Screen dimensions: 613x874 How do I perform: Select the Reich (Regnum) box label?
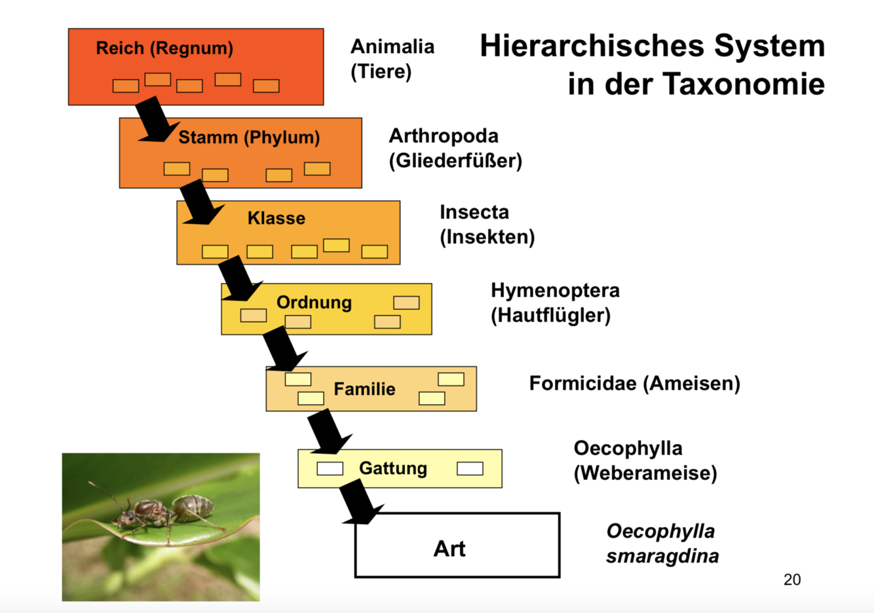pyautogui.click(x=164, y=48)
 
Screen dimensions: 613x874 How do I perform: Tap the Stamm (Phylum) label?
pyautogui.click(x=249, y=138)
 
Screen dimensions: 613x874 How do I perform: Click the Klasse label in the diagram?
pyautogui.click(x=276, y=218)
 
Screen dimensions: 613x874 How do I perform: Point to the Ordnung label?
pyautogui.click(x=314, y=303)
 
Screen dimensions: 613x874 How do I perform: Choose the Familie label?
pyautogui.click(x=364, y=389)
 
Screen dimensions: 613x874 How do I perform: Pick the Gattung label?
pyautogui.click(x=393, y=468)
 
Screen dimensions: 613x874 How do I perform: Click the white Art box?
pyautogui.click(x=457, y=546)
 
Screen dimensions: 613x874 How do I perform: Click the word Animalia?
pyautogui.click(x=392, y=46)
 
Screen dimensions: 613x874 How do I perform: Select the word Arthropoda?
pyautogui.click(x=444, y=136)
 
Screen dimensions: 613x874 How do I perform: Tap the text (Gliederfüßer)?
pyautogui.click(x=455, y=161)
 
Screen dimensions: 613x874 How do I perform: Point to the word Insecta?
pyautogui.click(x=474, y=212)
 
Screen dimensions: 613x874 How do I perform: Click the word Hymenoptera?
pyautogui.click(x=555, y=290)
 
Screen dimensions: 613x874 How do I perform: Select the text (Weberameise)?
pyautogui.click(x=645, y=473)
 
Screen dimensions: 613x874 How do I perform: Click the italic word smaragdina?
pyautogui.click(x=662, y=557)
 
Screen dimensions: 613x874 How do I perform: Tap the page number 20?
pyautogui.click(x=791, y=580)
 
